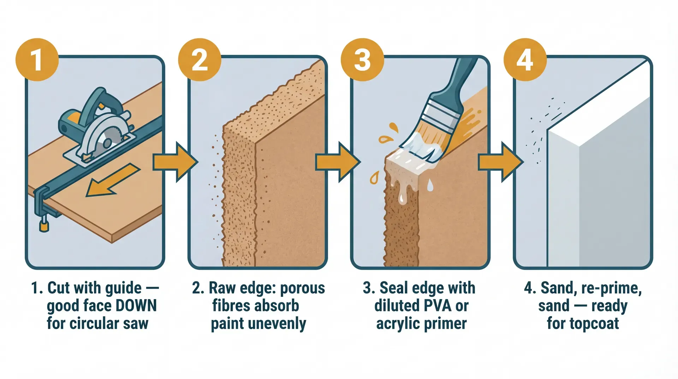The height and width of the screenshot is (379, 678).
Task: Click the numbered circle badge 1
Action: [37, 60]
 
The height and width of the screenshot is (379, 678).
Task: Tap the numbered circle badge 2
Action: [200, 60]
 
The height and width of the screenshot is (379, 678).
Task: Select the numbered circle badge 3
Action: [362, 60]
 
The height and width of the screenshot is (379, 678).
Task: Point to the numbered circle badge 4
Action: [525, 60]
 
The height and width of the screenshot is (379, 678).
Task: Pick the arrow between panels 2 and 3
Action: [338, 162]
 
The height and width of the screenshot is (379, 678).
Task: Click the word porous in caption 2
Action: [302, 288]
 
